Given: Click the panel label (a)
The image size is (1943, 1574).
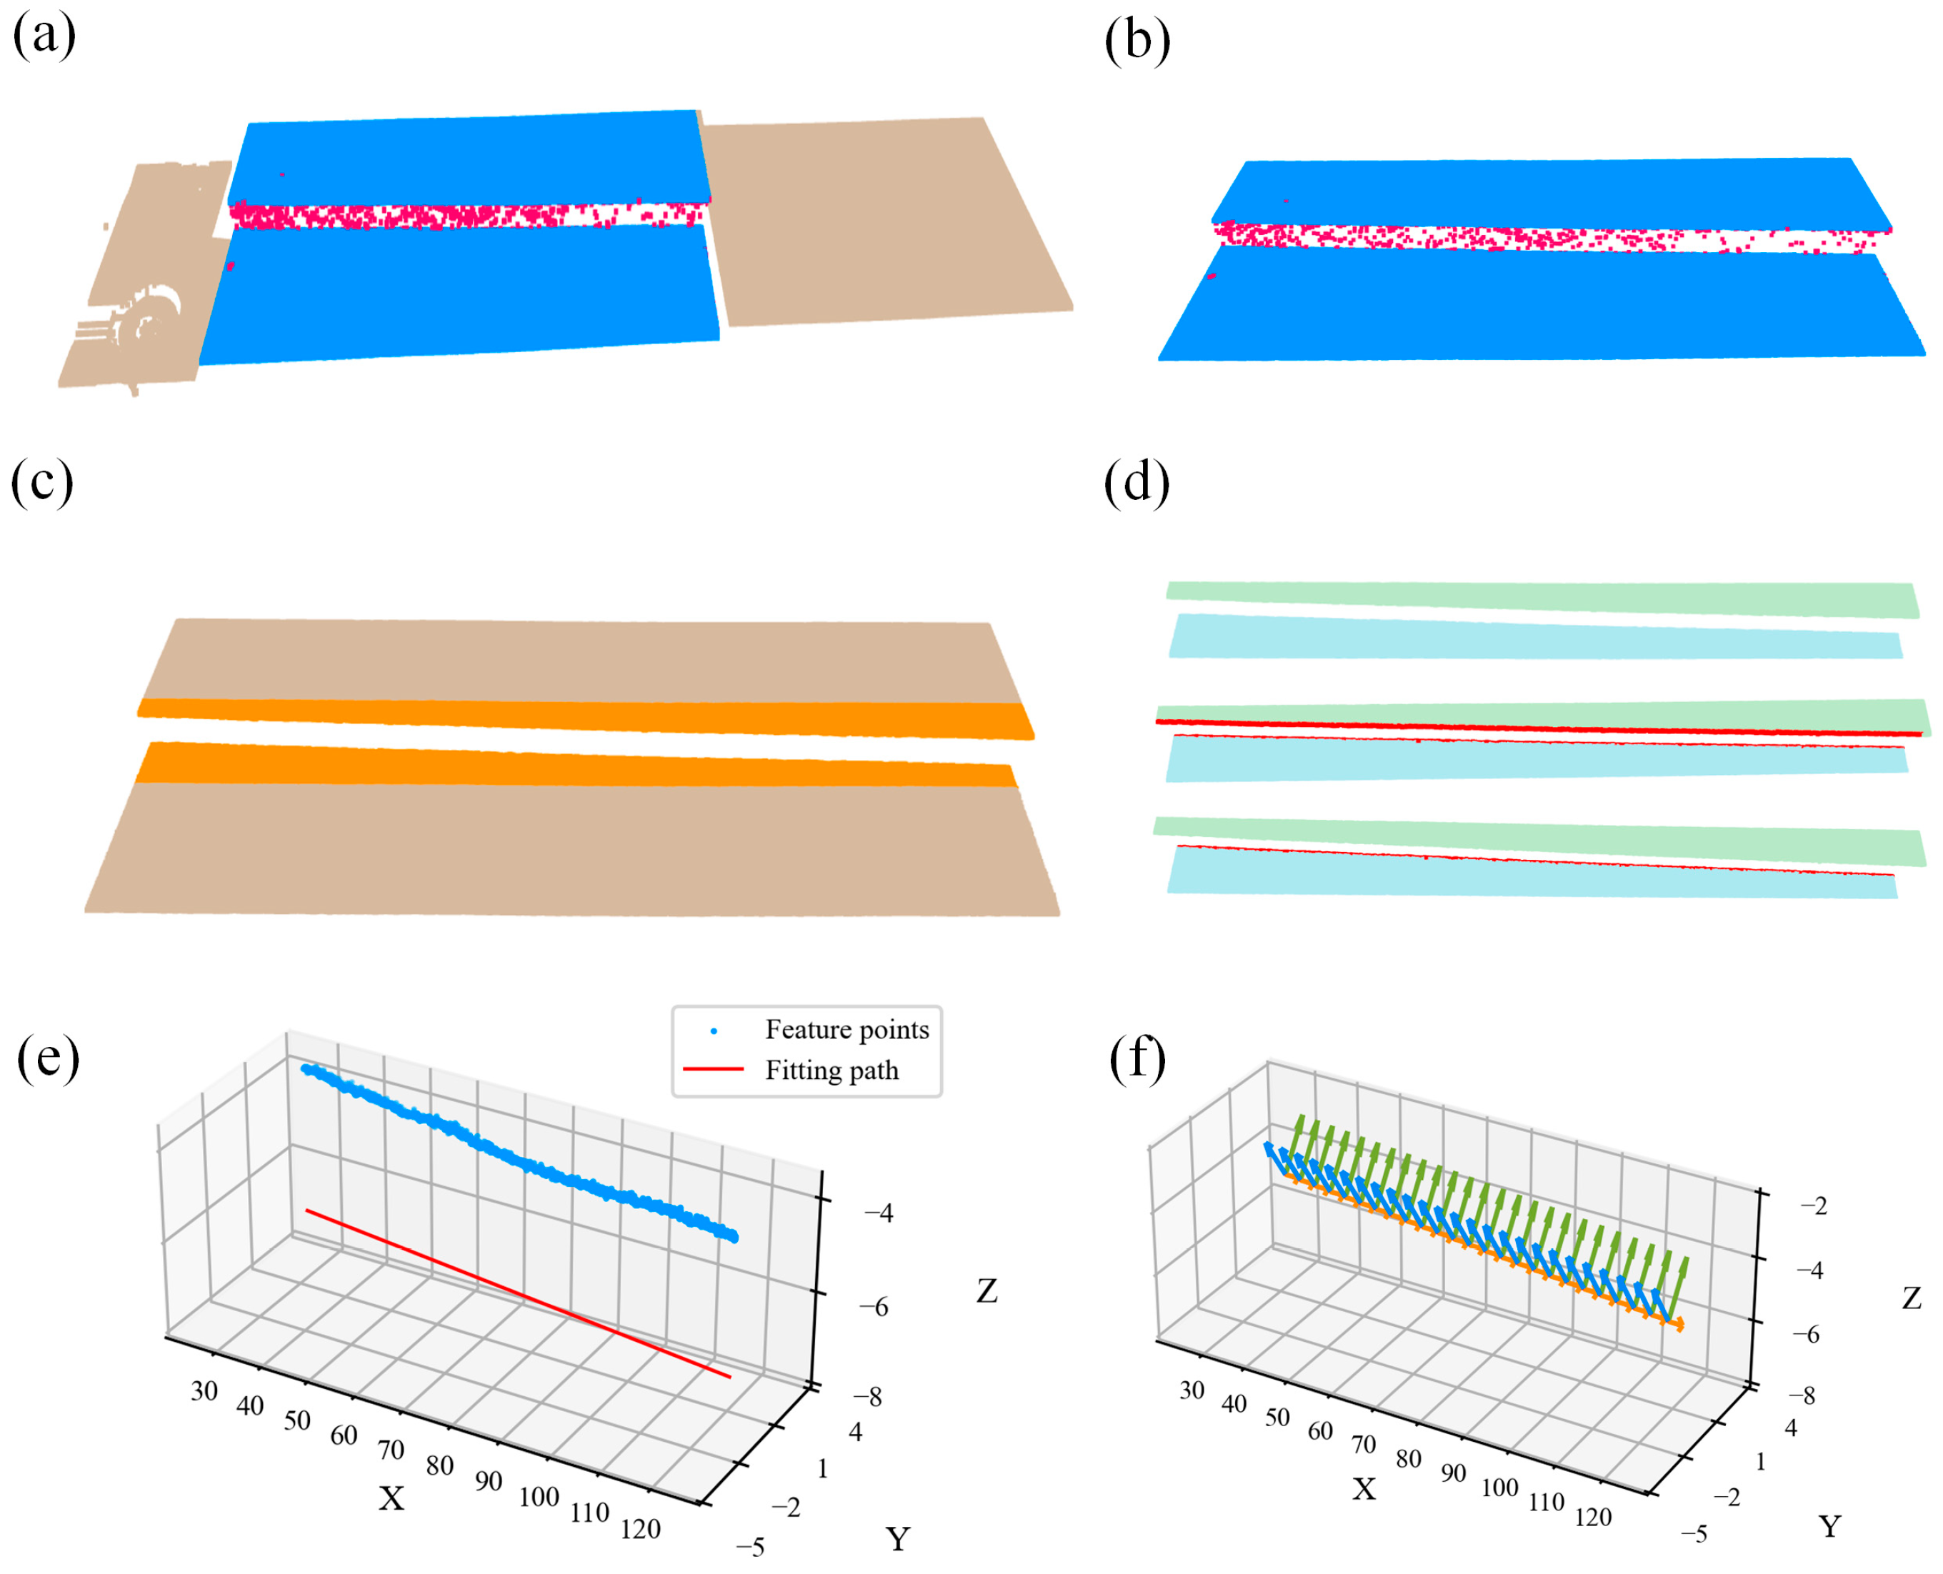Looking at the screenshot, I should (x=44, y=38).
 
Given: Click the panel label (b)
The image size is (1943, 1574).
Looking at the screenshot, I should (x=1137, y=43).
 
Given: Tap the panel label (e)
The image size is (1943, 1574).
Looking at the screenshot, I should (x=48, y=1059).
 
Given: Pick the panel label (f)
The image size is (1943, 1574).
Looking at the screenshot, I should (x=1138, y=1059).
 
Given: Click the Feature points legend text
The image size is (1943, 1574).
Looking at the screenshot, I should (x=846, y=1030).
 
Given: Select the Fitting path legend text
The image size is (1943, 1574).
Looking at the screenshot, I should (x=831, y=1071).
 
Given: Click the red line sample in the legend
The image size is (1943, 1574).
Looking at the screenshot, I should (x=713, y=1070).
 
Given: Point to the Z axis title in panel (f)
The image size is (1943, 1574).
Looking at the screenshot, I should (x=1912, y=1299).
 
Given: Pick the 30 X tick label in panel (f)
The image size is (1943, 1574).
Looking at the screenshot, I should (x=1192, y=1391).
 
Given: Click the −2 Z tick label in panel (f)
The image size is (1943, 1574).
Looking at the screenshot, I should (x=1813, y=1206).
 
